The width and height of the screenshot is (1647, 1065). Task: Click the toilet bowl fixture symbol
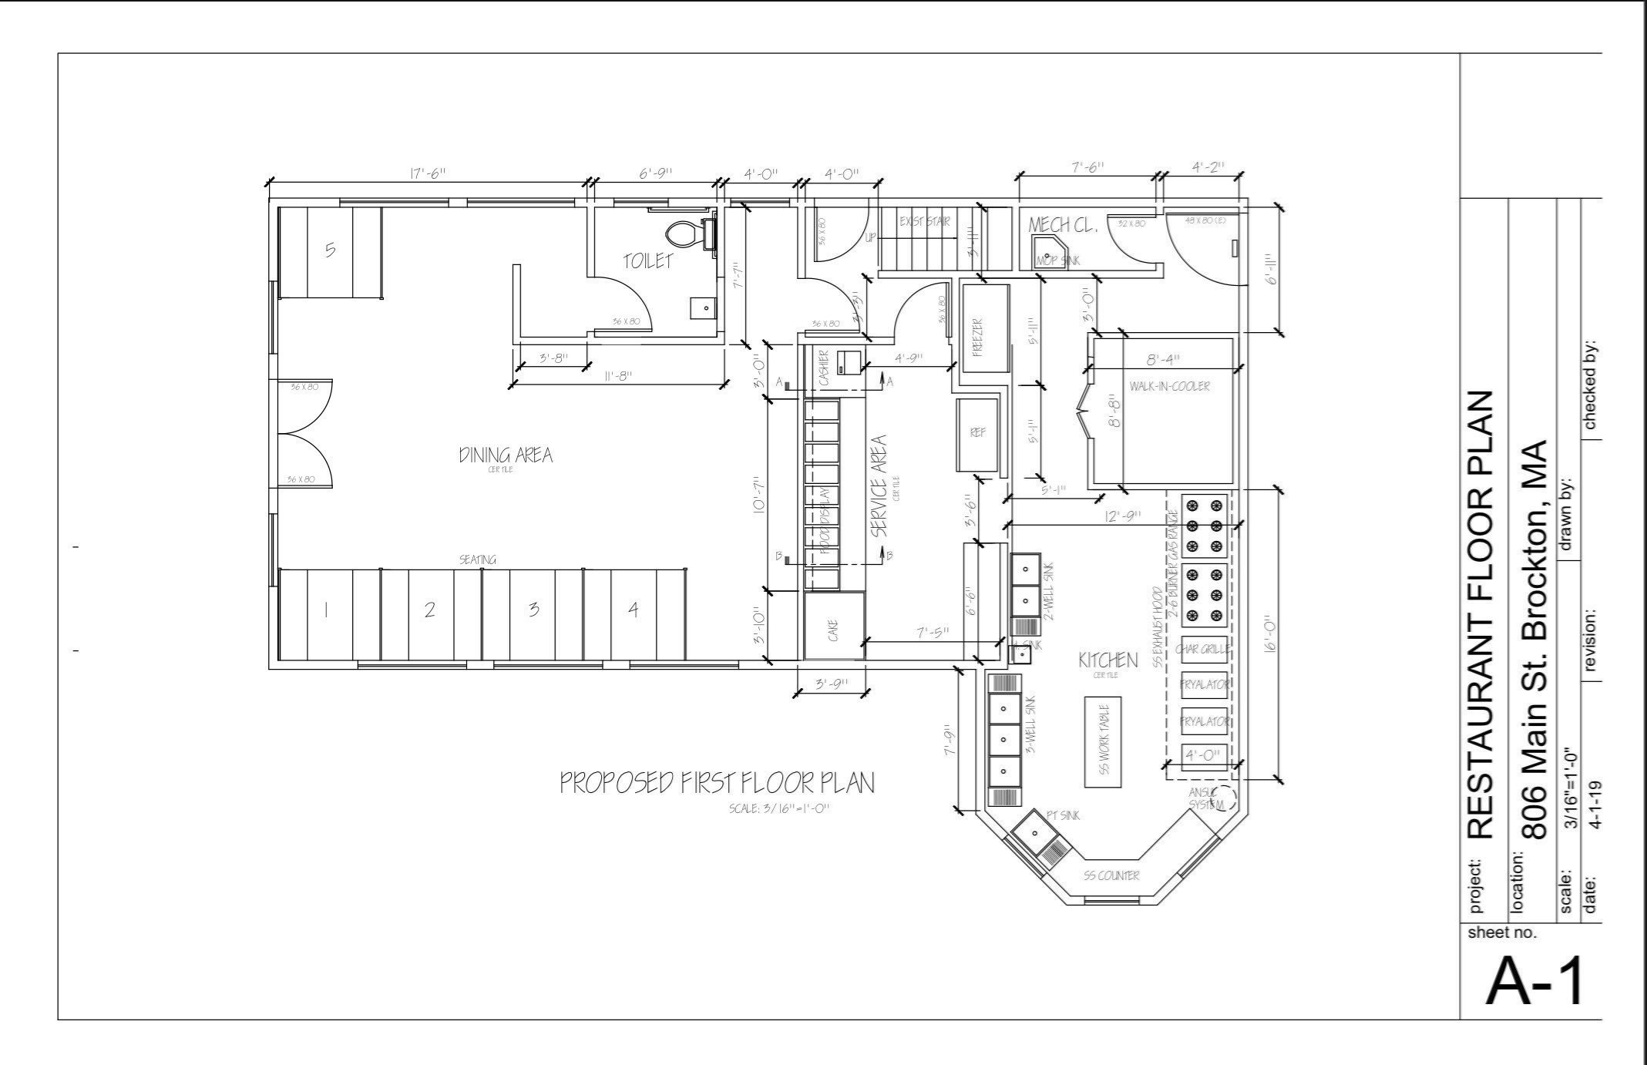[x=682, y=234]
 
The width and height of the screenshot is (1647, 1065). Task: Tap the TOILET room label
[x=648, y=262]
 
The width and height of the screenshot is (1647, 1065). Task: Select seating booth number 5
[x=330, y=250]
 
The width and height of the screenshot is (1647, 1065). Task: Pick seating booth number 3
[x=533, y=610]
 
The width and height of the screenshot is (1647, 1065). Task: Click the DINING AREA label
[x=506, y=455]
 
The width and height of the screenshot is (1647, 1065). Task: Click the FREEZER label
[x=977, y=338]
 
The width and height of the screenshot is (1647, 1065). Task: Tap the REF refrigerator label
[x=977, y=433]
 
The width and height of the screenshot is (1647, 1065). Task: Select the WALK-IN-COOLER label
[x=1169, y=386]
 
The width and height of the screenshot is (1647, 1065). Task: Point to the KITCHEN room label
[x=1108, y=660]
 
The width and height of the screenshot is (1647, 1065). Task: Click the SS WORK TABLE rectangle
[x=1103, y=741]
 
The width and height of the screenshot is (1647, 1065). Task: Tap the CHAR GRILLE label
[x=1203, y=650]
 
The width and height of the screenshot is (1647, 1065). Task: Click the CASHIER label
[x=823, y=368]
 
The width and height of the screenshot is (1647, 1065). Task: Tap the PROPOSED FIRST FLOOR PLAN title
[x=717, y=784]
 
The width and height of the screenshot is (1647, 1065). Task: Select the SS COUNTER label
[x=1111, y=875]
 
